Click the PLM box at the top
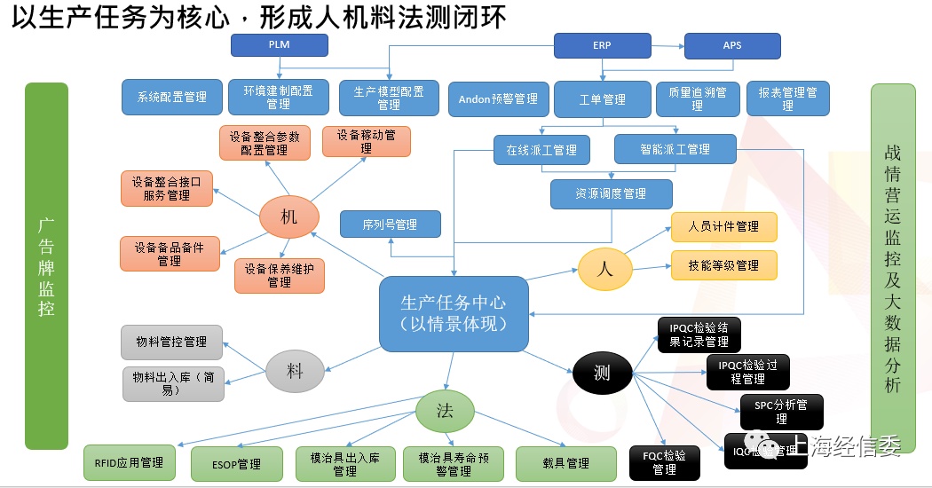tap(279, 44)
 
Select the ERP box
tap(602, 45)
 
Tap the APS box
tap(732, 45)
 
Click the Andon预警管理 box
tap(498, 99)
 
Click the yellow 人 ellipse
tap(605, 269)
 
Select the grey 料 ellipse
tap(295, 372)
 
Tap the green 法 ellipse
tap(446, 411)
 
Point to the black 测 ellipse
tap(602, 374)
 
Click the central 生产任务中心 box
tap(454, 313)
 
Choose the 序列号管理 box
tap(390, 224)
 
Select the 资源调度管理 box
tap(611, 193)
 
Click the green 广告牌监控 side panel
tap(46, 265)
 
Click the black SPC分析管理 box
tap(781, 412)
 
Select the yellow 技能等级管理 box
tap(723, 265)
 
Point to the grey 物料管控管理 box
tap(171, 342)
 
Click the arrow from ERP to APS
tap(667, 45)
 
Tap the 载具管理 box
tap(565, 463)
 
